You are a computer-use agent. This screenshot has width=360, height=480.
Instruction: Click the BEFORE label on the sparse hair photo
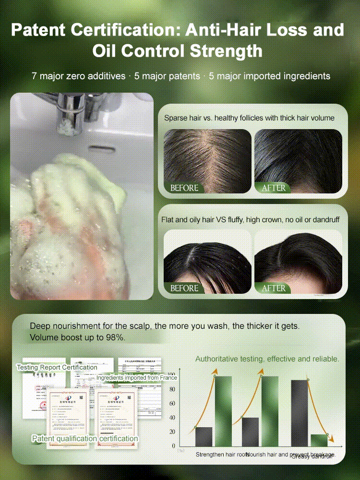coord(184,188)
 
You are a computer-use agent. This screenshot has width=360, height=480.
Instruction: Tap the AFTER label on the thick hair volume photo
coord(274,188)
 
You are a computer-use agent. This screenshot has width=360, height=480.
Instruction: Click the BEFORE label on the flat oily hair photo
coord(184,288)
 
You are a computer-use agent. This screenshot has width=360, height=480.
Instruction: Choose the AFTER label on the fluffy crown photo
coord(274,288)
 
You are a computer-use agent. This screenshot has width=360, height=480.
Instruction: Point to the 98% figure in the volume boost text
coord(115,337)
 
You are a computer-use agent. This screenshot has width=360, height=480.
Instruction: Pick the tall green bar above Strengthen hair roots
coord(223,411)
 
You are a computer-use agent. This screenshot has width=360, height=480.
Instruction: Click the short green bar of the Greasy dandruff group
coord(319,440)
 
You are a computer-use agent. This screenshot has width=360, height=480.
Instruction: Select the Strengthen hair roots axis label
coord(222,454)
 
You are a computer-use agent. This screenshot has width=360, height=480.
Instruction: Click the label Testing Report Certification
coord(57,367)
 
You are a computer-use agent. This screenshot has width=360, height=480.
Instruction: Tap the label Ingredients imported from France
coord(136,378)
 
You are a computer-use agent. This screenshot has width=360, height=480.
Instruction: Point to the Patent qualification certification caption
coord(85,438)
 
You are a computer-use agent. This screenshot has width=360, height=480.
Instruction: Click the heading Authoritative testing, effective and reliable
coord(267,359)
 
